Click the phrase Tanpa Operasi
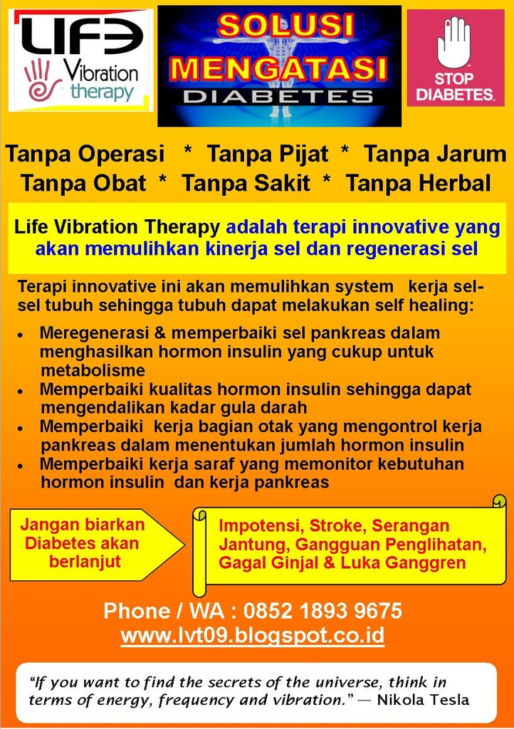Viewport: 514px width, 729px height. point(85,154)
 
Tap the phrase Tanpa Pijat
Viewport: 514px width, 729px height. point(268,154)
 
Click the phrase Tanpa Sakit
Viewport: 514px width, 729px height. point(246,184)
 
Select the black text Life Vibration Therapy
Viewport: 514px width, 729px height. point(117,228)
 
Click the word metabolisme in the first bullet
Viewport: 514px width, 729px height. point(93,370)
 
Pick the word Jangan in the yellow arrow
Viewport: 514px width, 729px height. point(47,525)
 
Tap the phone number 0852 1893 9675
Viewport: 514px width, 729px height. point(322,611)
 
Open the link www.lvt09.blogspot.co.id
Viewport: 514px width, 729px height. point(253,635)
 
